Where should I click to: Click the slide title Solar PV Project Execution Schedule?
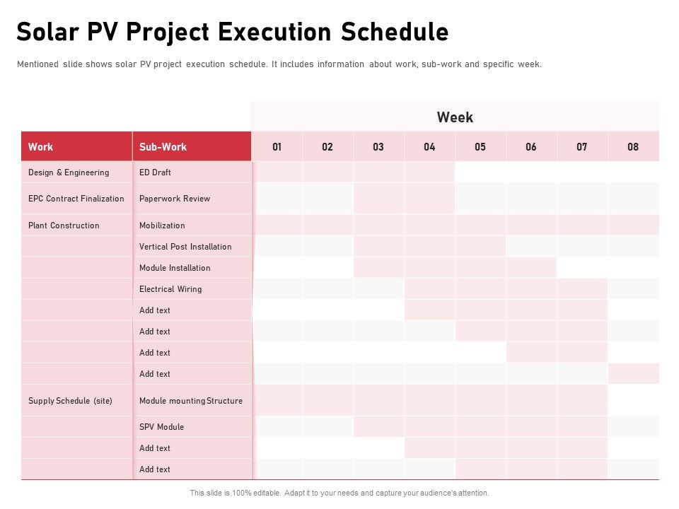(x=232, y=33)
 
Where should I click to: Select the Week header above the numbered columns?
(x=455, y=117)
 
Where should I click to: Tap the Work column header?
(x=40, y=147)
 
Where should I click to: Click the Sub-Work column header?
(x=163, y=147)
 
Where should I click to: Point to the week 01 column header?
(x=277, y=147)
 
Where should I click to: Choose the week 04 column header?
(x=429, y=147)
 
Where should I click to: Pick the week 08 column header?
(x=632, y=147)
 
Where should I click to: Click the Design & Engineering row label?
(x=69, y=172)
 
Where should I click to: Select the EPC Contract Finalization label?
(x=76, y=199)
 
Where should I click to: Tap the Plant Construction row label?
(x=64, y=226)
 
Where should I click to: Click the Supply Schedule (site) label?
(x=70, y=401)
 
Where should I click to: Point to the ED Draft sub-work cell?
(x=155, y=172)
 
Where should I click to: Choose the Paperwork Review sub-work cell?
(x=175, y=199)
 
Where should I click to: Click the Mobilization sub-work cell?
(x=162, y=226)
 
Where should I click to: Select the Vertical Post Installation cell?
(x=185, y=247)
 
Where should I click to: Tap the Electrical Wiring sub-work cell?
(x=170, y=289)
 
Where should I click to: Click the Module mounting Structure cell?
(x=191, y=401)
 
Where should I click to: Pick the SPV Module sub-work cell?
(x=161, y=427)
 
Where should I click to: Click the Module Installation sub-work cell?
(x=175, y=268)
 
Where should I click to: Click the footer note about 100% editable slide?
(x=339, y=493)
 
